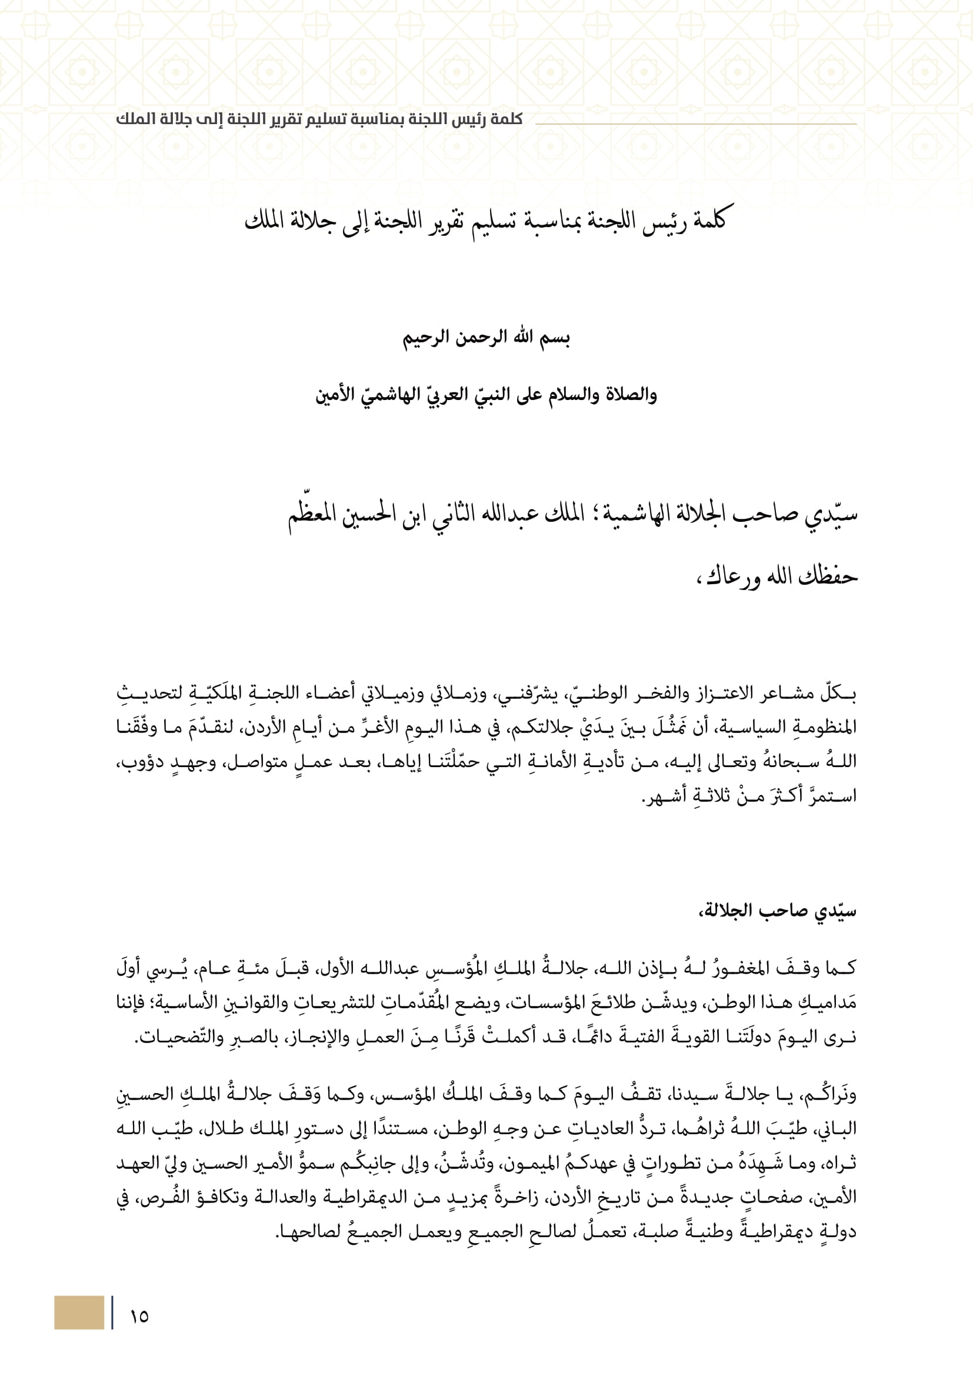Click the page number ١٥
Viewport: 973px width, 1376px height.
tap(139, 1317)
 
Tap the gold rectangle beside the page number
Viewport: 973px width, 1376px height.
tap(79, 1312)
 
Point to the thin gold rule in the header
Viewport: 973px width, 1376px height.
tap(695, 124)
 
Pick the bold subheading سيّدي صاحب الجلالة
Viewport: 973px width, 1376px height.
tap(778, 911)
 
